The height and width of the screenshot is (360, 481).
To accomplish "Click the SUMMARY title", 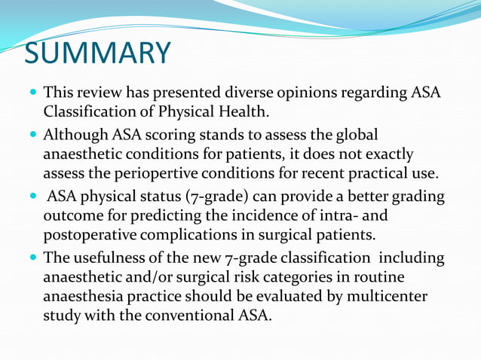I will [97, 53].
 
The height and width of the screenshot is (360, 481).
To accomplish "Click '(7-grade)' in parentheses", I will [215, 197].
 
